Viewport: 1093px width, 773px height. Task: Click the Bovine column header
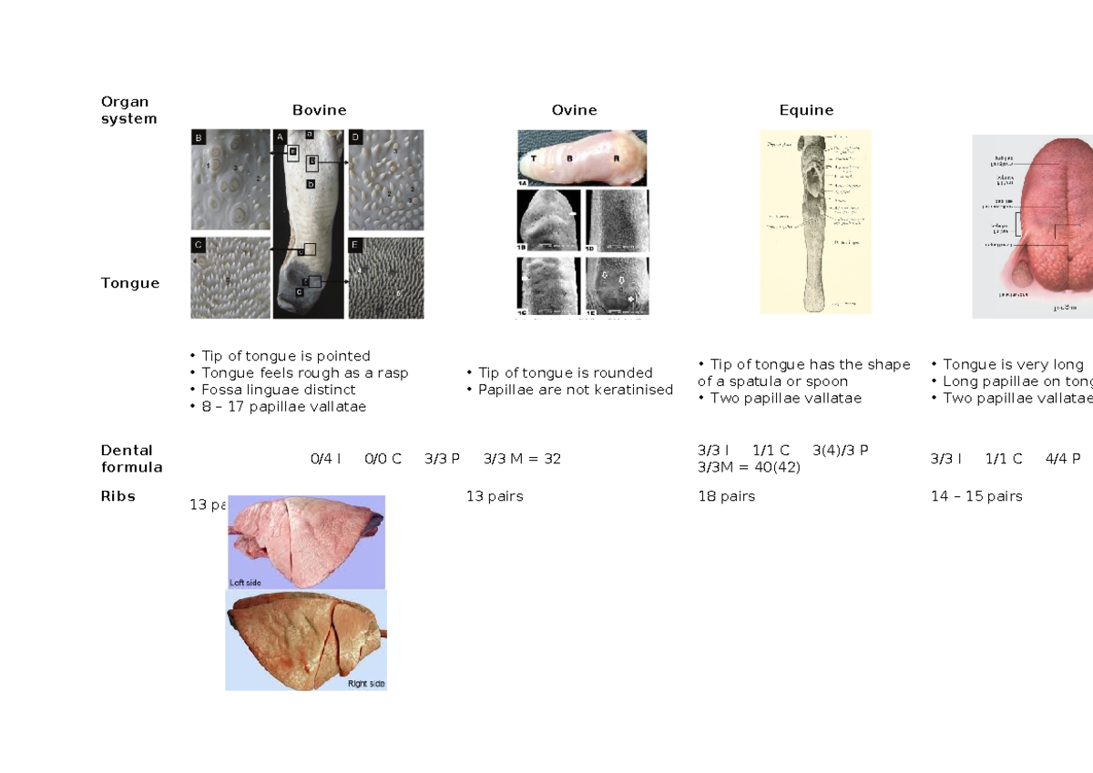point(319,110)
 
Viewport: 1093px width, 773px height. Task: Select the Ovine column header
point(574,110)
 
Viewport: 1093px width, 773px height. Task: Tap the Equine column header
point(806,110)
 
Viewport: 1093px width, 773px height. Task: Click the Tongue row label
point(130,283)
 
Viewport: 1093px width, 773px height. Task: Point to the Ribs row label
point(118,496)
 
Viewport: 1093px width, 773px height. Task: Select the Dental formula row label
point(131,459)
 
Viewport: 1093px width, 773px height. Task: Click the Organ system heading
point(128,110)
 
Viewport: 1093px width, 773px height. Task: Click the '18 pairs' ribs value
point(726,496)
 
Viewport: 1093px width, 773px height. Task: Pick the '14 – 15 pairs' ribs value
point(976,496)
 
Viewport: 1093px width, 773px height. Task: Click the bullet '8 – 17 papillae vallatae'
point(283,407)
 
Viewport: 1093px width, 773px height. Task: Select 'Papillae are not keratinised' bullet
point(576,390)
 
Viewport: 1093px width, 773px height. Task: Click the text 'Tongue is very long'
point(1013,364)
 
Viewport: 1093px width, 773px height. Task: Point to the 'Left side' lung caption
point(246,581)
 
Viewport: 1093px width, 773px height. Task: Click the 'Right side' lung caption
point(366,683)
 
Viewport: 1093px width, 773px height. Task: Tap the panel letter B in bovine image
point(199,139)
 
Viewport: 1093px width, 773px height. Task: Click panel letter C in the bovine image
point(199,244)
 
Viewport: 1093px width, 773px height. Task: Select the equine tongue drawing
point(815,222)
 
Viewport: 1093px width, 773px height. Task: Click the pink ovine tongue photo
point(582,157)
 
